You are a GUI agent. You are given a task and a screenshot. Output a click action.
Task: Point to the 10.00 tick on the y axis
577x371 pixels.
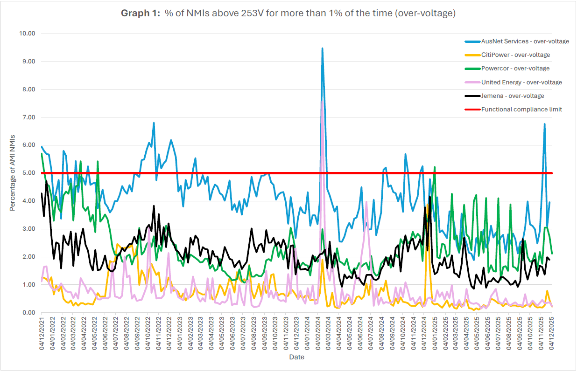pos(27,34)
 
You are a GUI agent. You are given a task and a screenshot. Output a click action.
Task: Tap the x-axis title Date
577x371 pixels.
pos(296,357)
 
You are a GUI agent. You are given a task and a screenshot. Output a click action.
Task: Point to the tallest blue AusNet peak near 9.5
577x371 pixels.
pos(322,48)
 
